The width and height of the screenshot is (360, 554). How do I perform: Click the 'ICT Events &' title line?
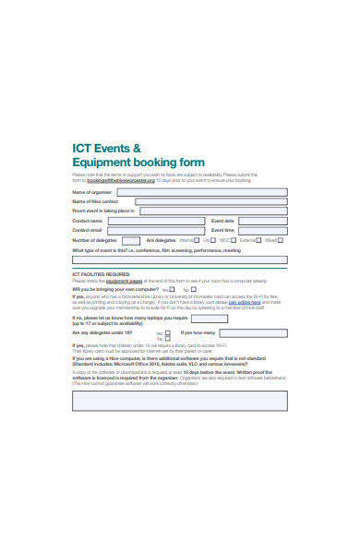click(107, 148)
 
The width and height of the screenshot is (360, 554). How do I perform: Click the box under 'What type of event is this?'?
click(179, 260)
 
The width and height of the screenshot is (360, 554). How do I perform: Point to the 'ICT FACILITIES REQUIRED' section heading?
click(101, 274)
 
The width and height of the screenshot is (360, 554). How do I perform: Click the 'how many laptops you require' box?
click(210, 319)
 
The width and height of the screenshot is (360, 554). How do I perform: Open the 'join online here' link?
click(245, 301)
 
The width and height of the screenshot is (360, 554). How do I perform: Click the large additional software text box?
click(179, 399)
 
